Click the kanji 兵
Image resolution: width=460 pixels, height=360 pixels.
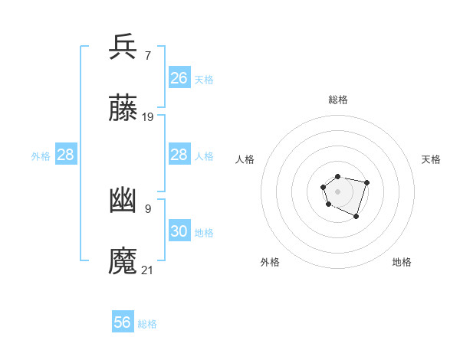123,47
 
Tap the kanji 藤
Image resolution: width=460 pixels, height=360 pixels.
123,109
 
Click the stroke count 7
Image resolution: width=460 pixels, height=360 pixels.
147,55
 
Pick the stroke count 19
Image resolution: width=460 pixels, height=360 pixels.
148,116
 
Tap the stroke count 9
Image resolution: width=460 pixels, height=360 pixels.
147,208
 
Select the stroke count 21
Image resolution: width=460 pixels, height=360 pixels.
148,270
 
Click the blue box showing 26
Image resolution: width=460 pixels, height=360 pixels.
179,78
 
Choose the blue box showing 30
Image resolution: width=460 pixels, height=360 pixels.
179,231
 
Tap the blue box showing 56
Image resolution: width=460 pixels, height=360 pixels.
123,322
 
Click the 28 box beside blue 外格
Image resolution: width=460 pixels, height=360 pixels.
66,155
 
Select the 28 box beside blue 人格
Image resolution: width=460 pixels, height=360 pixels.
179,155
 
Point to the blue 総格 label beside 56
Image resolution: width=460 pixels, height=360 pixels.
148,324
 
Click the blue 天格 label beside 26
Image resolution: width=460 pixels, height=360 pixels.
204,79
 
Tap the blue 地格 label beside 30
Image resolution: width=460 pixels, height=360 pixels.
204,232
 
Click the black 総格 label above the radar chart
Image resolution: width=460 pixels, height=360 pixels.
338,100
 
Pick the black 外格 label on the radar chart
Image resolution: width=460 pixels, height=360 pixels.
270,262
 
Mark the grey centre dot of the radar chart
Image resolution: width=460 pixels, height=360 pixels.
337,191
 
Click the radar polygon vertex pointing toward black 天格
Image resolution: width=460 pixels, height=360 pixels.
367,182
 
